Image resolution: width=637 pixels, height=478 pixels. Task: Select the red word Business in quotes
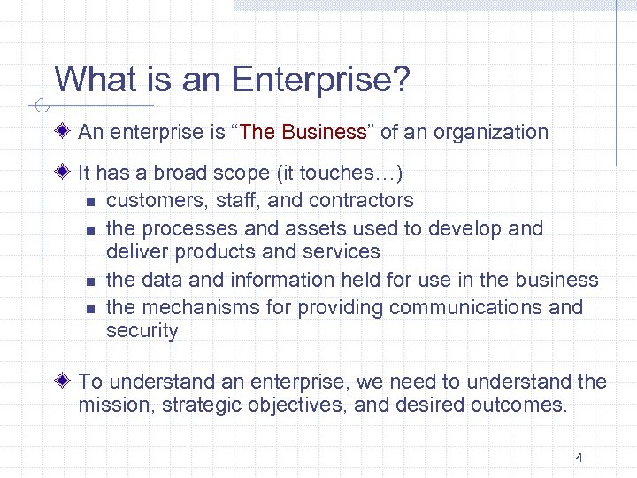(x=324, y=133)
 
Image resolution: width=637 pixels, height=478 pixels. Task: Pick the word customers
(x=150, y=201)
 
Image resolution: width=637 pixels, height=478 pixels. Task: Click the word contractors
(x=358, y=201)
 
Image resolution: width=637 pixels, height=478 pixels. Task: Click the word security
(x=142, y=332)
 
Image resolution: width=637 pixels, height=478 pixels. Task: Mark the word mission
(x=109, y=406)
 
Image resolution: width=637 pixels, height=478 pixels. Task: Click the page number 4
(x=579, y=458)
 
